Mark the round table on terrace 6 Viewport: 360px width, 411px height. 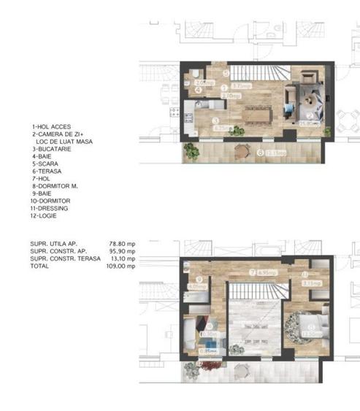tap(242, 152)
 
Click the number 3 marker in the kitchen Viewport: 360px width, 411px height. tap(215, 120)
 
